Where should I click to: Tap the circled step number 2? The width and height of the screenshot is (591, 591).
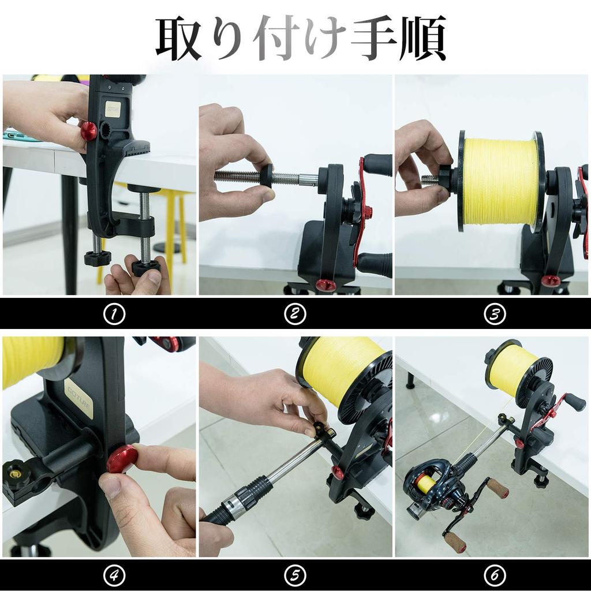(295, 314)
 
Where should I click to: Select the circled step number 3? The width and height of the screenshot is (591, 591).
(495, 314)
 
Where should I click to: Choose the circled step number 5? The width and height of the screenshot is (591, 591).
(295, 575)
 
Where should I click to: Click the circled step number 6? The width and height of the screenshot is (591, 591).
(495, 575)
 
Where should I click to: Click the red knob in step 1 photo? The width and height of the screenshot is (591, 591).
(88, 131)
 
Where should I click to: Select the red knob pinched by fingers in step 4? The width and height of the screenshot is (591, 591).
(122, 459)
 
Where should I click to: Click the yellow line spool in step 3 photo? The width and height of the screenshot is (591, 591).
(500, 181)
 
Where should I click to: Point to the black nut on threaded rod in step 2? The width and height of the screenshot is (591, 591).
(266, 175)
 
